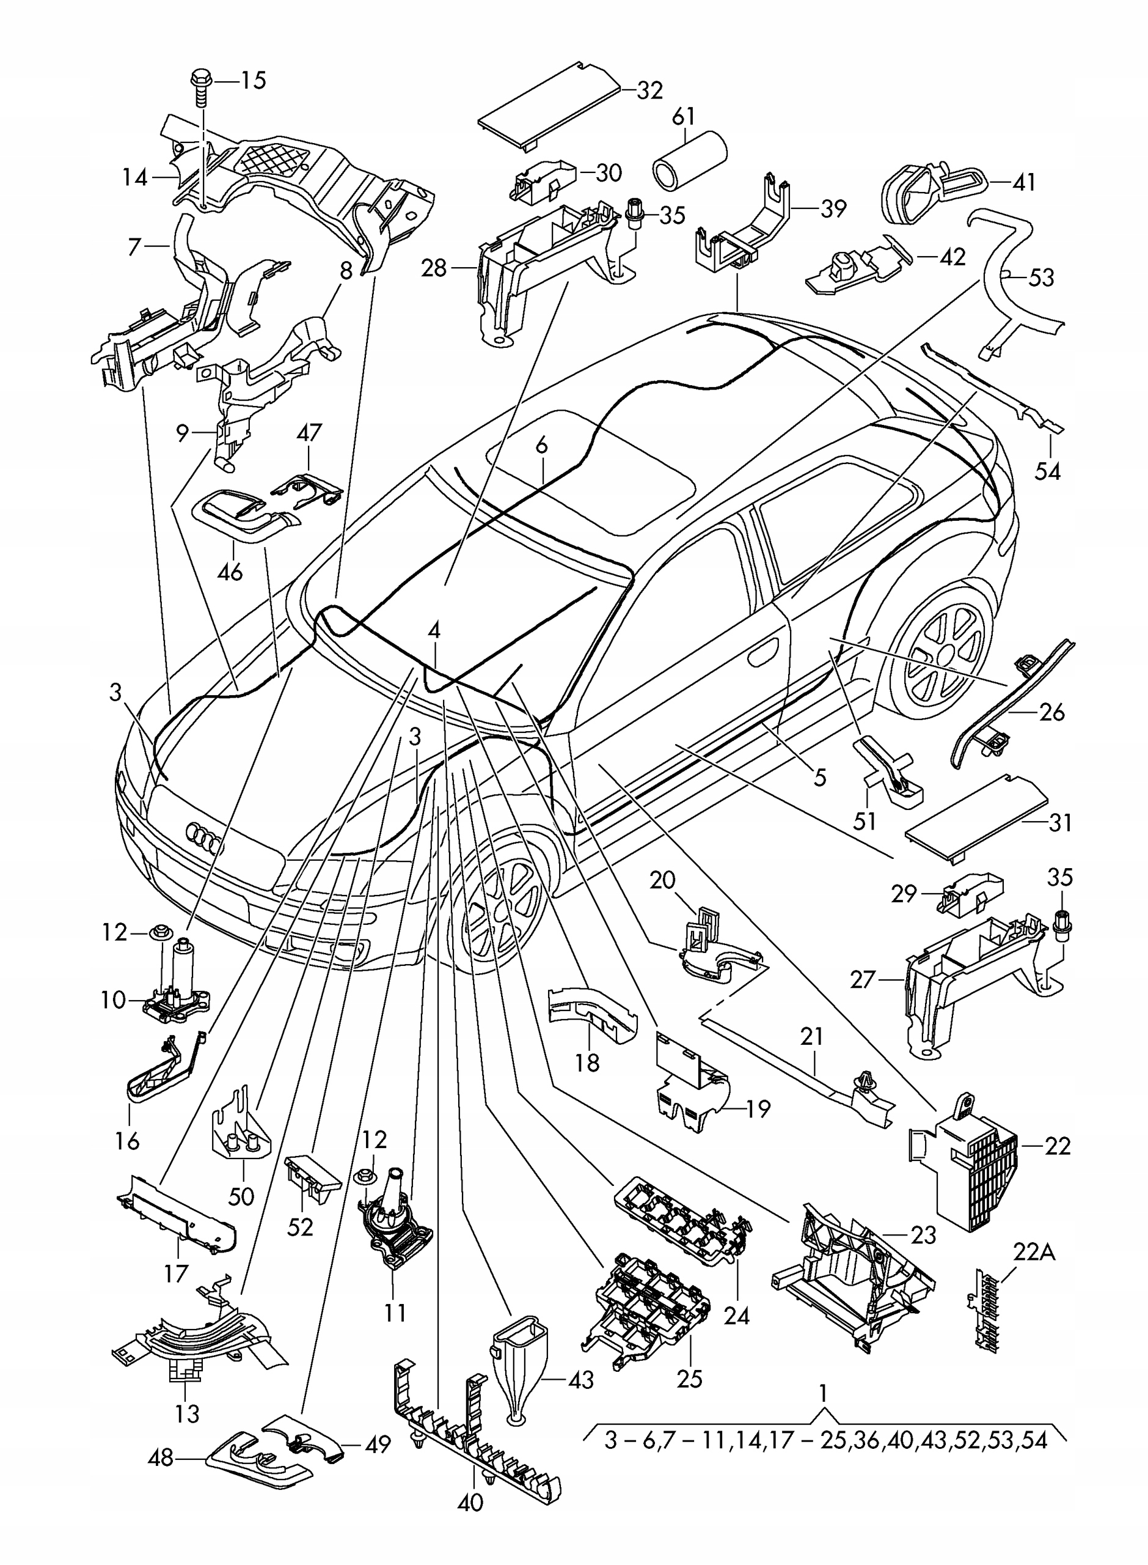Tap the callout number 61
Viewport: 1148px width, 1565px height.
click(x=684, y=116)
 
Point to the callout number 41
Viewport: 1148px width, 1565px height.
click(x=1023, y=182)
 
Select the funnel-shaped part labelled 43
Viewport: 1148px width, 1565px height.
click(x=519, y=1356)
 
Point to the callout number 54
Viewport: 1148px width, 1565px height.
click(x=1048, y=471)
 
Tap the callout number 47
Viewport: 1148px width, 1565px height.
click(x=309, y=432)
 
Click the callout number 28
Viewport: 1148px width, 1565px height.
click(x=434, y=268)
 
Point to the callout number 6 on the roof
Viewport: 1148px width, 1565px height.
click(x=542, y=446)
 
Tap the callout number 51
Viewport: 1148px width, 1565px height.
click(x=865, y=821)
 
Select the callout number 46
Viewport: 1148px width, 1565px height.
click(x=230, y=572)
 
